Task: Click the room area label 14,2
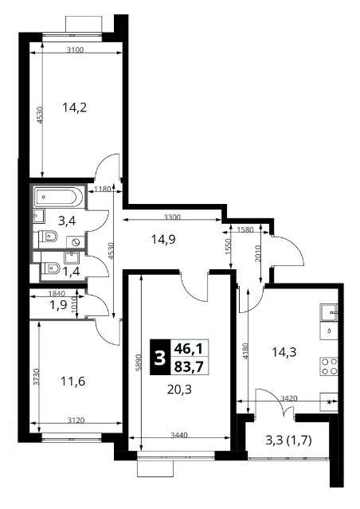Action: point(74,107)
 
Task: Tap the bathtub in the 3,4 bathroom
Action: point(57,197)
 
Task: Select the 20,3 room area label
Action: point(179,390)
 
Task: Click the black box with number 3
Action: point(159,357)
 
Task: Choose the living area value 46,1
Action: point(188,349)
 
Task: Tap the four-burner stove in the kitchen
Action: point(329,366)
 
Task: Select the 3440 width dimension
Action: point(179,435)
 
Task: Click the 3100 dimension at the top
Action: point(75,49)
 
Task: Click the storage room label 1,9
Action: point(59,305)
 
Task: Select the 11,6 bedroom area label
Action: point(72,381)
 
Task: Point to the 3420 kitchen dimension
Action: point(288,398)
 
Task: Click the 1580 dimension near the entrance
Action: point(246,229)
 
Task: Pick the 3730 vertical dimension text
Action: point(37,377)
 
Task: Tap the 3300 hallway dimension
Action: point(172,217)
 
